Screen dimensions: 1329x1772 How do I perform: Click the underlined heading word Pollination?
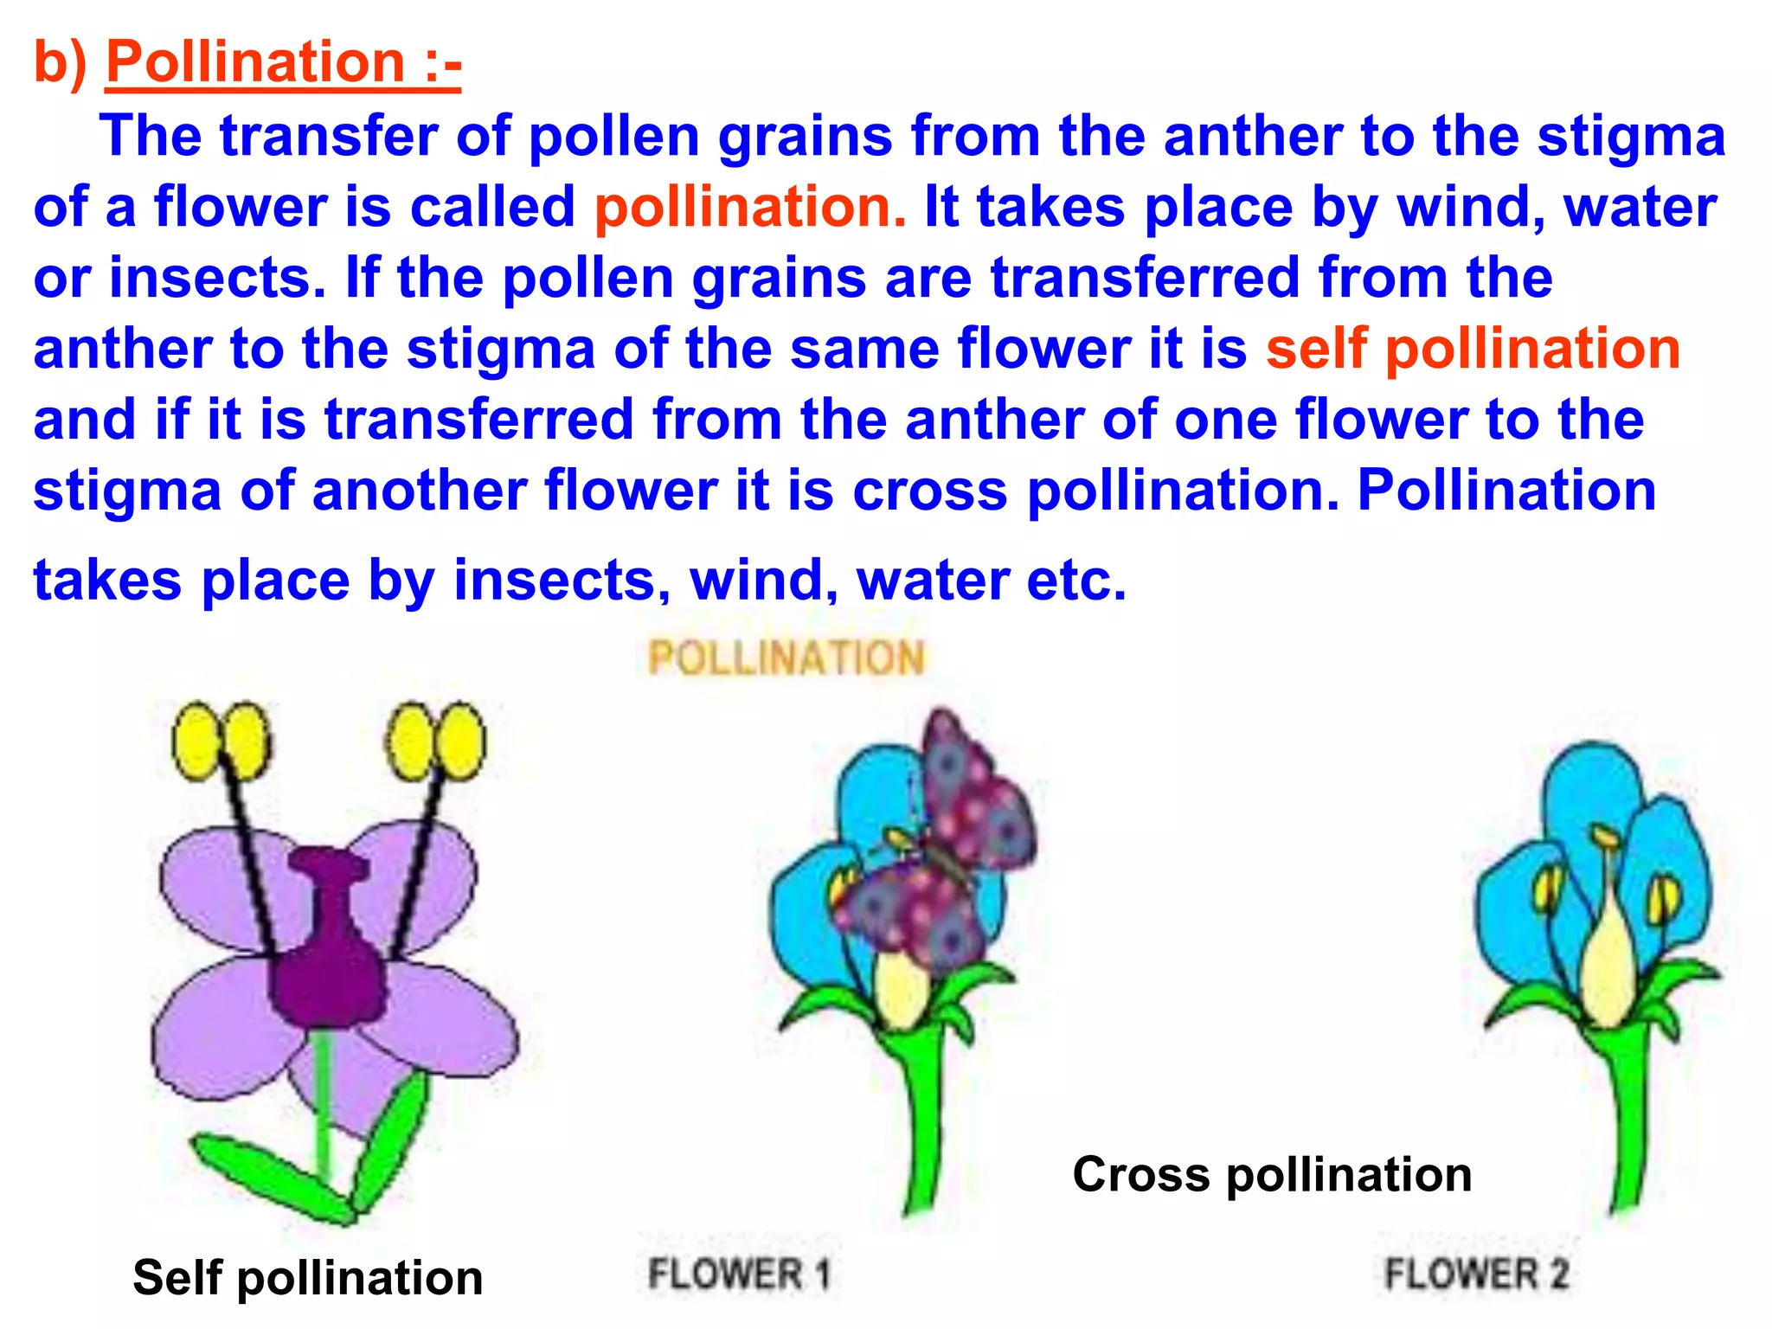click(x=255, y=62)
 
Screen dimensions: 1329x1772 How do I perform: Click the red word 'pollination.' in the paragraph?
click(x=749, y=208)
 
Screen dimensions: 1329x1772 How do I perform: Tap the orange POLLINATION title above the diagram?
click(x=786, y=658)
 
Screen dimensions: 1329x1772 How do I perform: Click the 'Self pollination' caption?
click(x=307, y=1278)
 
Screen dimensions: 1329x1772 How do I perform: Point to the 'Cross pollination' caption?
click(x=1272, y=1175)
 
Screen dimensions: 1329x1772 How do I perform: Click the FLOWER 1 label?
click(x=739, y=1274)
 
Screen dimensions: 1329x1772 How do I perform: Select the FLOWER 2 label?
click(x=1476, y=1274)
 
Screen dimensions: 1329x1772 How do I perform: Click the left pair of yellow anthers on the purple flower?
click(x=221, y=741)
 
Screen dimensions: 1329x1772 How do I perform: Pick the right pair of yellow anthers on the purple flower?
click(x=435, y=741)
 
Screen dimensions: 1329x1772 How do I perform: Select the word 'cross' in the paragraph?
click(x=930, y=491)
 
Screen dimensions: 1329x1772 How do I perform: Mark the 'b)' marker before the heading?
click(x=59, y=62)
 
